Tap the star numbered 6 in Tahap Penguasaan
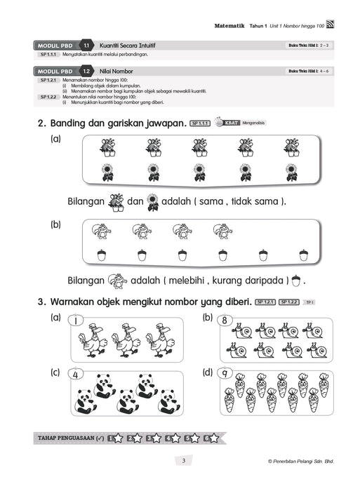(211, 438)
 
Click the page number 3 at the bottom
(182, 461)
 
